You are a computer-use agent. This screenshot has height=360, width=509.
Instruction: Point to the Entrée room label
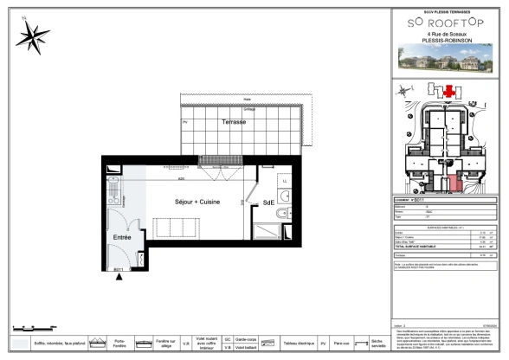(122, 236)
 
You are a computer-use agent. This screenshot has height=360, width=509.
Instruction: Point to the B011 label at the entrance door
(121, 270)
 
